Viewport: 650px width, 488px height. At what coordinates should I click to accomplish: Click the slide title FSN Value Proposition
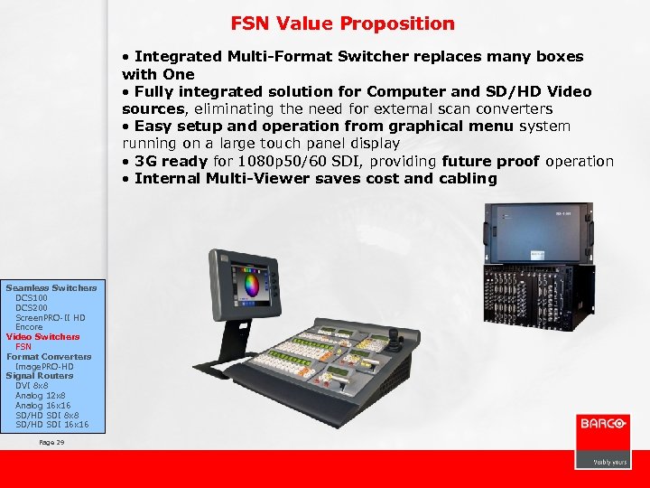point(342,23)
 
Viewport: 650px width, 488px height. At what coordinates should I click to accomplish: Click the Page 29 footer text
point(51,442)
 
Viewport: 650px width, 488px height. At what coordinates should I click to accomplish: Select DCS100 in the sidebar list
point(32,297)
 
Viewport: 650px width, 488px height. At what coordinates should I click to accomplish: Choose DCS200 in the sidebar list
point(32,307)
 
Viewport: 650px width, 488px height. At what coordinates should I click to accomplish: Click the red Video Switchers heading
point(42,337)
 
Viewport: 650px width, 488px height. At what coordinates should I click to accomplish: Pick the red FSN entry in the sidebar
point(23,347)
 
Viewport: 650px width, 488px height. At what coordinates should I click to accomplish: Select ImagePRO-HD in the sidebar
point(44,366)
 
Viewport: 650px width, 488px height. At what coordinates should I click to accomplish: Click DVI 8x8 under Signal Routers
point(32,386)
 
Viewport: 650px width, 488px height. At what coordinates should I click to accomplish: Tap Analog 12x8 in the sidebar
point(42,396)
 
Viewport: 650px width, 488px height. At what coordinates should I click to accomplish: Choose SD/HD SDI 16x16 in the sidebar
point(51,425)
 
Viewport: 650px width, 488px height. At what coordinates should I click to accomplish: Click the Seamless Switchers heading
point(51,287)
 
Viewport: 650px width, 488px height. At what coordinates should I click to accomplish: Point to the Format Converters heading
point(49,356)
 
